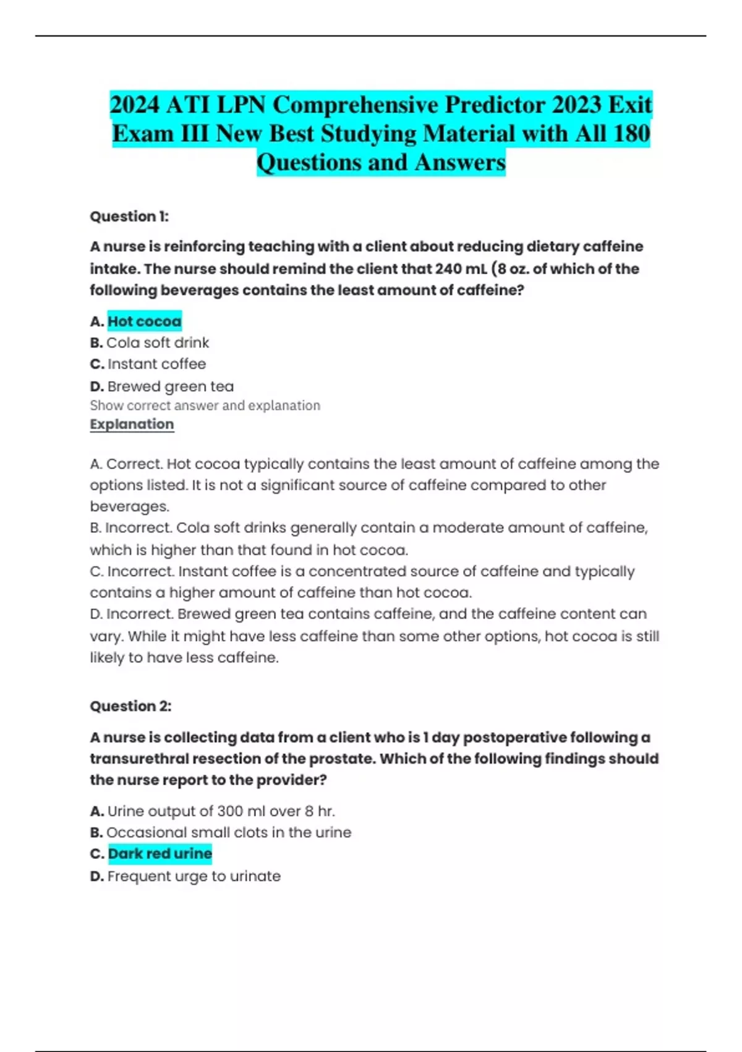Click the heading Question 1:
(x=129, y=217)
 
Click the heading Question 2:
(x=130, y=706)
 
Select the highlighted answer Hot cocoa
(x=144, y=321)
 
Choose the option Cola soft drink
(x=158, y=343)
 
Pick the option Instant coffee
(x=156, y=364)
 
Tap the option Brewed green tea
(x=170, y=386)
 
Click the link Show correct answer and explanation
(x=205, y=405)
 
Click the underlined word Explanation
(x=132, y=425)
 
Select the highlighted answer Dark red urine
(x=160, y=854)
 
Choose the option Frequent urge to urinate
(x=194, y=876)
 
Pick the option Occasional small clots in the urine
(x=229, y=832)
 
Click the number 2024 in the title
(x=135, y=105)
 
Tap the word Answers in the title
(x=460, y=162)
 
